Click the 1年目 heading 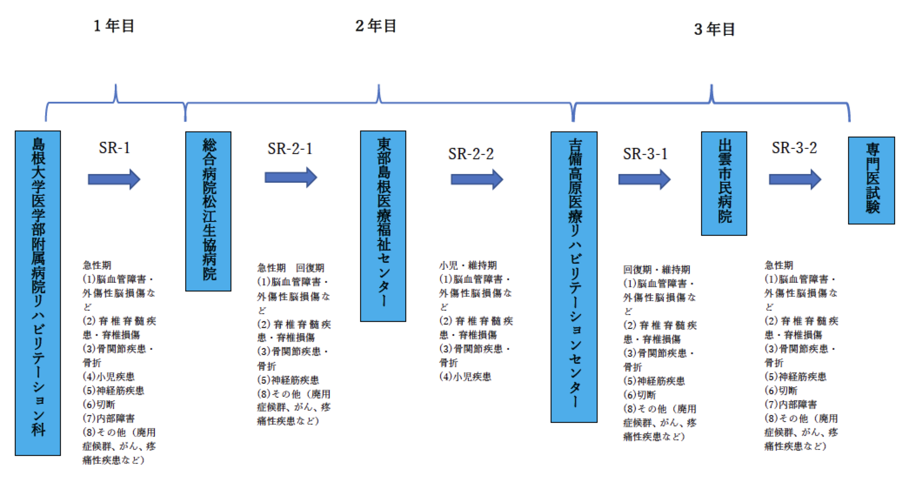(114, 26)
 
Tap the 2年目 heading (376, 26)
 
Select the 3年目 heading (715, 29)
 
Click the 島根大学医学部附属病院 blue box (38, 293)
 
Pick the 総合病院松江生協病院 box (208, 211)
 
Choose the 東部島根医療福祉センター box (383, 226)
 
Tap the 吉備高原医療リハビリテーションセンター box (574, 277)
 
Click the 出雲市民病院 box (724, 184)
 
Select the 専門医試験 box (872, 181)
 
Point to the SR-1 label (114, 148)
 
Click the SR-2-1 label (290, 149)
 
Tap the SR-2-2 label (471, 154)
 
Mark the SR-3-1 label (645, 154)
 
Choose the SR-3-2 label (794, 148)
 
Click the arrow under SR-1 (114, 179)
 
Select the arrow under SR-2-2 (477, 179)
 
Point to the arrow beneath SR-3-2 (795, 179)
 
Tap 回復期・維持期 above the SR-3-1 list (657, 270)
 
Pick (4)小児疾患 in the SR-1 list (109, 377)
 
